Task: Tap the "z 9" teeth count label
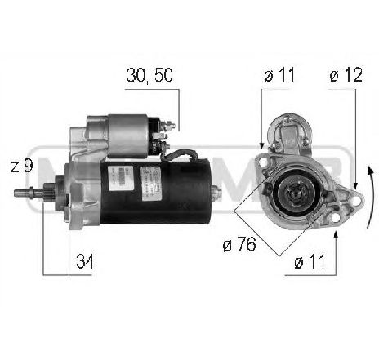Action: [x=22, y=166]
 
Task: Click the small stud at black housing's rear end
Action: [x=217, y=193]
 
